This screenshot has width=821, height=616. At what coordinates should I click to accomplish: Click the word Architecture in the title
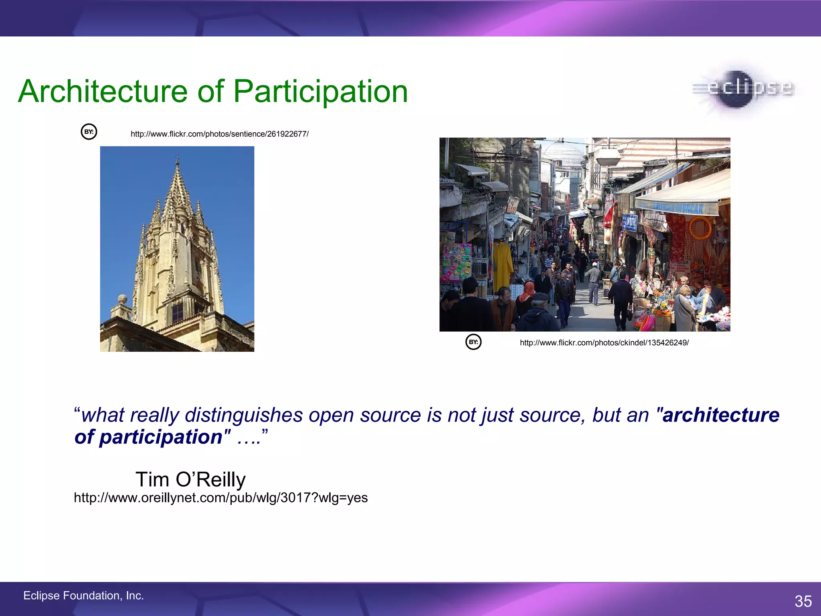[x=103, y=91]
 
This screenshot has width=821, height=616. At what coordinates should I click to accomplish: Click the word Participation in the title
[x=320, y=91]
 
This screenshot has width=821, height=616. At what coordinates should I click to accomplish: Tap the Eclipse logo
[x=744, y=89]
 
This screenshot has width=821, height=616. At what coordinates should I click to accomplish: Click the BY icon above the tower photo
[x=89, y=132]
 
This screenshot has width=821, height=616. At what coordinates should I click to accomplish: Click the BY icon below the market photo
[x=473, y=342]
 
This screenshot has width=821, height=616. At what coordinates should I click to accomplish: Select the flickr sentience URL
[x=219, y=134]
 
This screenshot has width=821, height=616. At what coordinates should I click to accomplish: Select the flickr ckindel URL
[x=604, y=343]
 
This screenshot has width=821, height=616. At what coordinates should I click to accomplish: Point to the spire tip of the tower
[x=177, y=161]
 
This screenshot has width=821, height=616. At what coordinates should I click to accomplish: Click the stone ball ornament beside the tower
[x=122, y=299]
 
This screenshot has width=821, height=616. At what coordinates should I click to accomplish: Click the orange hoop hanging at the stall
[x=700, y=228]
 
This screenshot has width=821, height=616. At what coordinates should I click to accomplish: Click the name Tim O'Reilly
[x=190, y=479]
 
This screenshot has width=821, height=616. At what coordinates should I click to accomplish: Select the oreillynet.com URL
[x=220, y=498]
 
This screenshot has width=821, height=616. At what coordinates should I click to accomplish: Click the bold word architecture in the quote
[x=721, y=415]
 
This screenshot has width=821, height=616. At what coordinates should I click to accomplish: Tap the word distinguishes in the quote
[x=243, y=415]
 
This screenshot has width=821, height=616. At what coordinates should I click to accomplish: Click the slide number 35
[x=803, y=601]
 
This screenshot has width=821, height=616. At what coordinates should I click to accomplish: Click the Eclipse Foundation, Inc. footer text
[x=83, y=596]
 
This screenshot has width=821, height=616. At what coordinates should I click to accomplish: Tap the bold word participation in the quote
[x=161, y=437]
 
